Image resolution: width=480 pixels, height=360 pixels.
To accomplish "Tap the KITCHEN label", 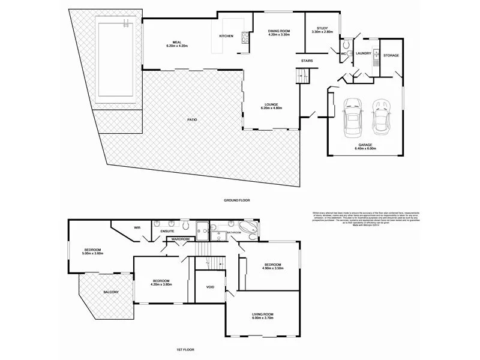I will [226, 37].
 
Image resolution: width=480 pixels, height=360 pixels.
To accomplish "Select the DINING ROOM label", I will [279, 32].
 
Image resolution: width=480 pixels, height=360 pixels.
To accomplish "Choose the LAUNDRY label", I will [363, 53].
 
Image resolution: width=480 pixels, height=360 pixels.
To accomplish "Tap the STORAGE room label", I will [391, 55].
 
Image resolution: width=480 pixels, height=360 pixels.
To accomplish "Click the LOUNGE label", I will [271, 105].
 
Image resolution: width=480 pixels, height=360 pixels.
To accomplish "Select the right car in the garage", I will [380, 117].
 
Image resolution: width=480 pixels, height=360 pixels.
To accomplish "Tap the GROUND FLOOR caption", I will [236, 199].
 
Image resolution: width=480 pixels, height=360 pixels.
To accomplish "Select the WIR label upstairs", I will [137, 227].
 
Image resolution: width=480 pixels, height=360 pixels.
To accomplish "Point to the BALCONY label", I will [110, 292].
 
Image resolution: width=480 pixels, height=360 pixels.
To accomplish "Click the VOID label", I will [210, 287].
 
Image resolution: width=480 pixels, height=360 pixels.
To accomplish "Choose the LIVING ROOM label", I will [262, 316].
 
